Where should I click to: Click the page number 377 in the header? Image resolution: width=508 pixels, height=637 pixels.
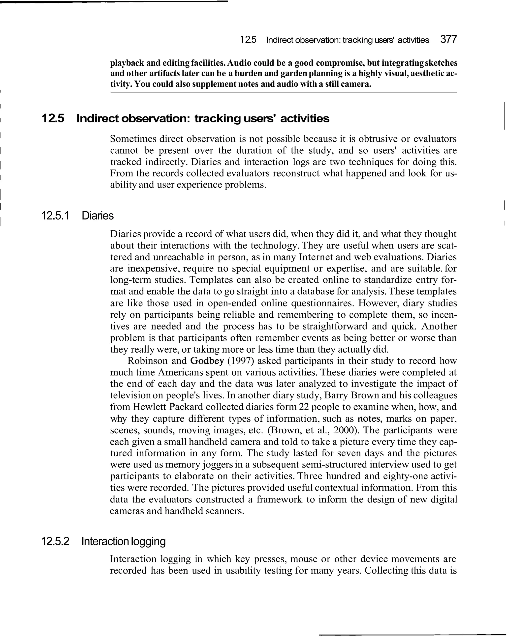click(x=448, y=39)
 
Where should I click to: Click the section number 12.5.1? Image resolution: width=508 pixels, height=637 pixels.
click(x=55, y=216)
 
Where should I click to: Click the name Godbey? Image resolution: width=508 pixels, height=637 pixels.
click(x=207, y=361)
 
